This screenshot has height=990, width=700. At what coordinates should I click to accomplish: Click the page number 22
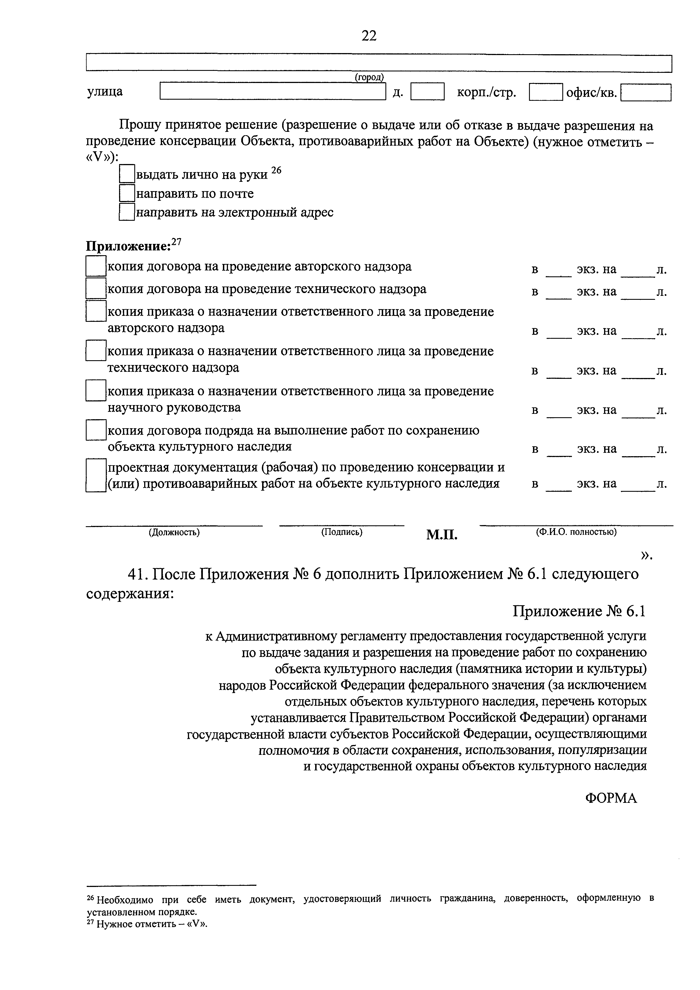[369, 35]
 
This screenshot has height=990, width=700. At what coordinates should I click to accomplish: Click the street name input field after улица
[273, 92]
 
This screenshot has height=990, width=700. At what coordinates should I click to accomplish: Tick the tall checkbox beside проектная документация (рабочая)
[96, 475]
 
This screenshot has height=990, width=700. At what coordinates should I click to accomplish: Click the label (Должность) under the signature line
[174, 532]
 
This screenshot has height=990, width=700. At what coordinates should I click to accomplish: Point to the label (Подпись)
[341, 532]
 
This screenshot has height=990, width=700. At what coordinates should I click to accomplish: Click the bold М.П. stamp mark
[442, 535]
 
